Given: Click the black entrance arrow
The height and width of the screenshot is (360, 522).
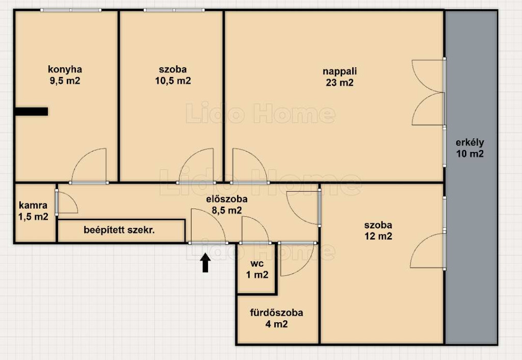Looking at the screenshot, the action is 205,263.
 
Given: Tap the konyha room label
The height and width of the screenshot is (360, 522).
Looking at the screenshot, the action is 65,69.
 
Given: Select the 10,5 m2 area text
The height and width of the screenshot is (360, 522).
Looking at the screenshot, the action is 173,81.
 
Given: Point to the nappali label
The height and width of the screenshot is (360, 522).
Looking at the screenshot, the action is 340,71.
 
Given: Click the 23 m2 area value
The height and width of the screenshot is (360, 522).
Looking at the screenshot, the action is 340,83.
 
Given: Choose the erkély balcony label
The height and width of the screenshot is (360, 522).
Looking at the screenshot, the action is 469,143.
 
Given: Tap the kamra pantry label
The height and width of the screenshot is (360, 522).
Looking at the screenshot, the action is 33,205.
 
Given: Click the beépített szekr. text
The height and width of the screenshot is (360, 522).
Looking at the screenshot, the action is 119,230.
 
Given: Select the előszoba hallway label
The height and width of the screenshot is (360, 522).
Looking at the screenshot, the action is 227,199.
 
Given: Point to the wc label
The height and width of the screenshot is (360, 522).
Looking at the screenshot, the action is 257,264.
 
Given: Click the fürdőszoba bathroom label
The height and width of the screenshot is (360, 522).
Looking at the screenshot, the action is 277,313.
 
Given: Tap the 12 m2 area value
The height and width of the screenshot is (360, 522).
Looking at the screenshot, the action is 378,236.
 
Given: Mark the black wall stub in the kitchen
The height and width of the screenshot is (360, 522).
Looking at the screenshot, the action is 31,111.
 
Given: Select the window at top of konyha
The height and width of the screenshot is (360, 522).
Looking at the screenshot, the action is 71,10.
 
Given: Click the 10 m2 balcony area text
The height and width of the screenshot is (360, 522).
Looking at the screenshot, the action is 469,154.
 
